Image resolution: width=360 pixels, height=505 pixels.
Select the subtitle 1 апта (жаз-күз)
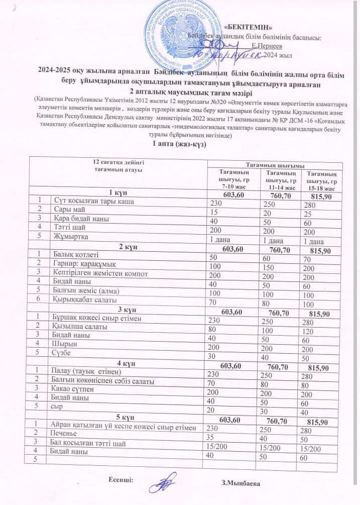pyautogui.click(x=179, y=144)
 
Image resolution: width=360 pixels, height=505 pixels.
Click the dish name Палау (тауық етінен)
pyautogui.click(x=86, y=372)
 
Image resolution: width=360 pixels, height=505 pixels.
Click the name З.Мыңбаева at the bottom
pyautogui.click(x=242, y=483)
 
